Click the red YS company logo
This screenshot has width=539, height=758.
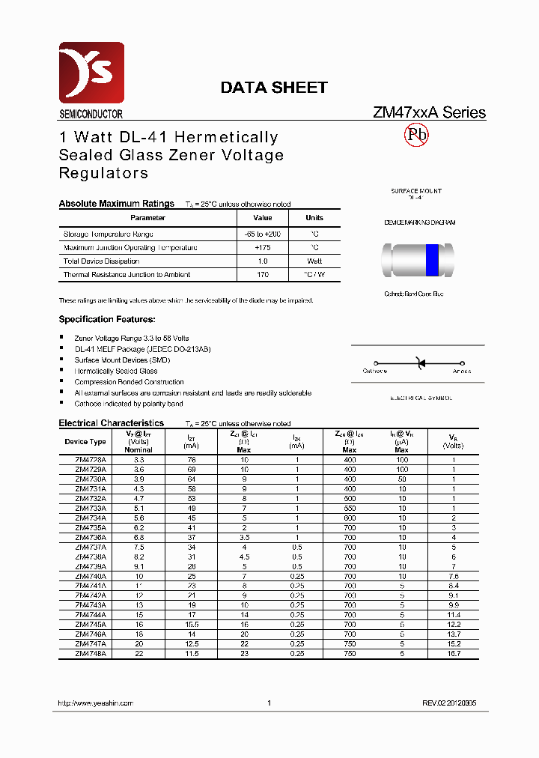coord(91,73)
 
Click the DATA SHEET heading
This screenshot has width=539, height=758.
coord(273,88)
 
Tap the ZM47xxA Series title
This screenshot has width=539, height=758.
coord(429,113)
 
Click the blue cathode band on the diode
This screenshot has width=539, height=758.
coord(432,260)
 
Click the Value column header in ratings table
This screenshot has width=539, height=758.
coord(263,218)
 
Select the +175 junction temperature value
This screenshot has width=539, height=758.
coord(263,247)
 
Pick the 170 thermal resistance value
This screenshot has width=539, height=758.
coord(263,275)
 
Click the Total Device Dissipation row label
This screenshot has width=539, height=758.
coord(101,261)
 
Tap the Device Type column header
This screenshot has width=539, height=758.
coord(87,442)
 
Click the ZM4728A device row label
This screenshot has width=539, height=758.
coord(91,459)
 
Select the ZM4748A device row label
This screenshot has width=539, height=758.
coord(91,654)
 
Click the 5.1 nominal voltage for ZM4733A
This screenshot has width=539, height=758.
coord(138,508)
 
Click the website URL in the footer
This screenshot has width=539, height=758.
coord(96,703)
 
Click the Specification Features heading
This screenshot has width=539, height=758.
coord(107,320)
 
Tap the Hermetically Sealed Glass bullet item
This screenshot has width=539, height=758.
coord(116,371)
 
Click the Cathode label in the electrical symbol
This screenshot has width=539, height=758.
coord(374,371)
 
